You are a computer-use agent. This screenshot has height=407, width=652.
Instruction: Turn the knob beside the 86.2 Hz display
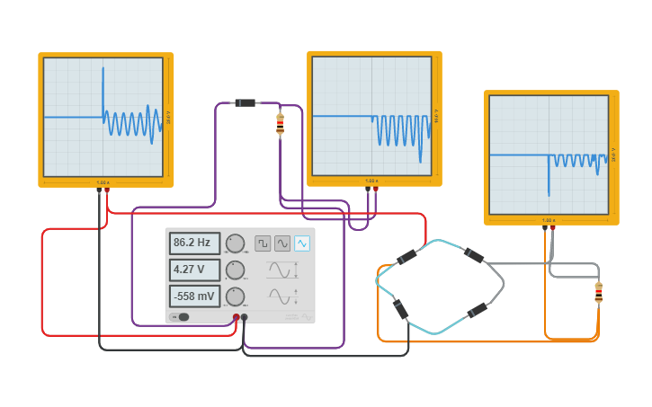click(x=235, y=243)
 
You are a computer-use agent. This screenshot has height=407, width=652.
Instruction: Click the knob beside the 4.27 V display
click(x=235, y=270)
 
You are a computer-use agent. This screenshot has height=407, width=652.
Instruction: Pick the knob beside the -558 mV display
click(x=235, y=296)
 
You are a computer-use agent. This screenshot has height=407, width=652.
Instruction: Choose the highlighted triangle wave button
click(x=302, y=243)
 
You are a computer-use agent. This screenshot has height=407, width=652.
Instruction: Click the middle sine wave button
click(x=282, y=243)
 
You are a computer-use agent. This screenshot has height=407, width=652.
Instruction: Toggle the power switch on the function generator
click(x=182, y=316)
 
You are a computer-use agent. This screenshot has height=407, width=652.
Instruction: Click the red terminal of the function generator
click(x=237, y=317)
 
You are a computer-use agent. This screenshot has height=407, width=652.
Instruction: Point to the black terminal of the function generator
click(x=245, y=317)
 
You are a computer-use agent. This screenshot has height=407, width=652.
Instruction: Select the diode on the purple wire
click(x=245, y=103)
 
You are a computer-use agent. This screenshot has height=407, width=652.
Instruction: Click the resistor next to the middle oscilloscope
click(x=280, y=124)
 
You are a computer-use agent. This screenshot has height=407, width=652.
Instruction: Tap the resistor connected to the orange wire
click(x=598, y=292)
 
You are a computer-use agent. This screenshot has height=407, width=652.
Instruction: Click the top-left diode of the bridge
click(x=406, y=257)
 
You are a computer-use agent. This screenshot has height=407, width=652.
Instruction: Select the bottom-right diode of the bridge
click(x=478, y=311)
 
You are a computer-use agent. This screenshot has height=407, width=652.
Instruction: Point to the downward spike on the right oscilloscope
click(x=549, y=183)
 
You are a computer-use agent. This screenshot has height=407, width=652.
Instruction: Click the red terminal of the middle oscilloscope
click(x=376, y=190)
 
